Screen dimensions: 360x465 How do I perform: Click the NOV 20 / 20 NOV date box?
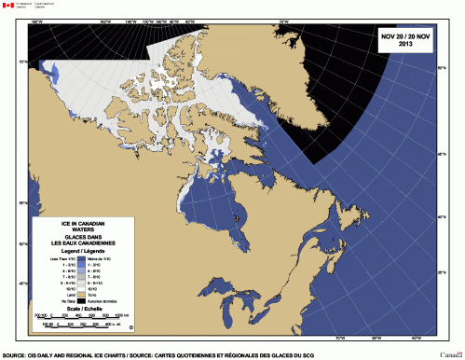click(x=405, y=38)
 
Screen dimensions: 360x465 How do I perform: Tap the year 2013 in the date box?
click(x=405, y=44)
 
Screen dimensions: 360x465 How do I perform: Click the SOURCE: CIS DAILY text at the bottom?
click(x=56, y=355)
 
